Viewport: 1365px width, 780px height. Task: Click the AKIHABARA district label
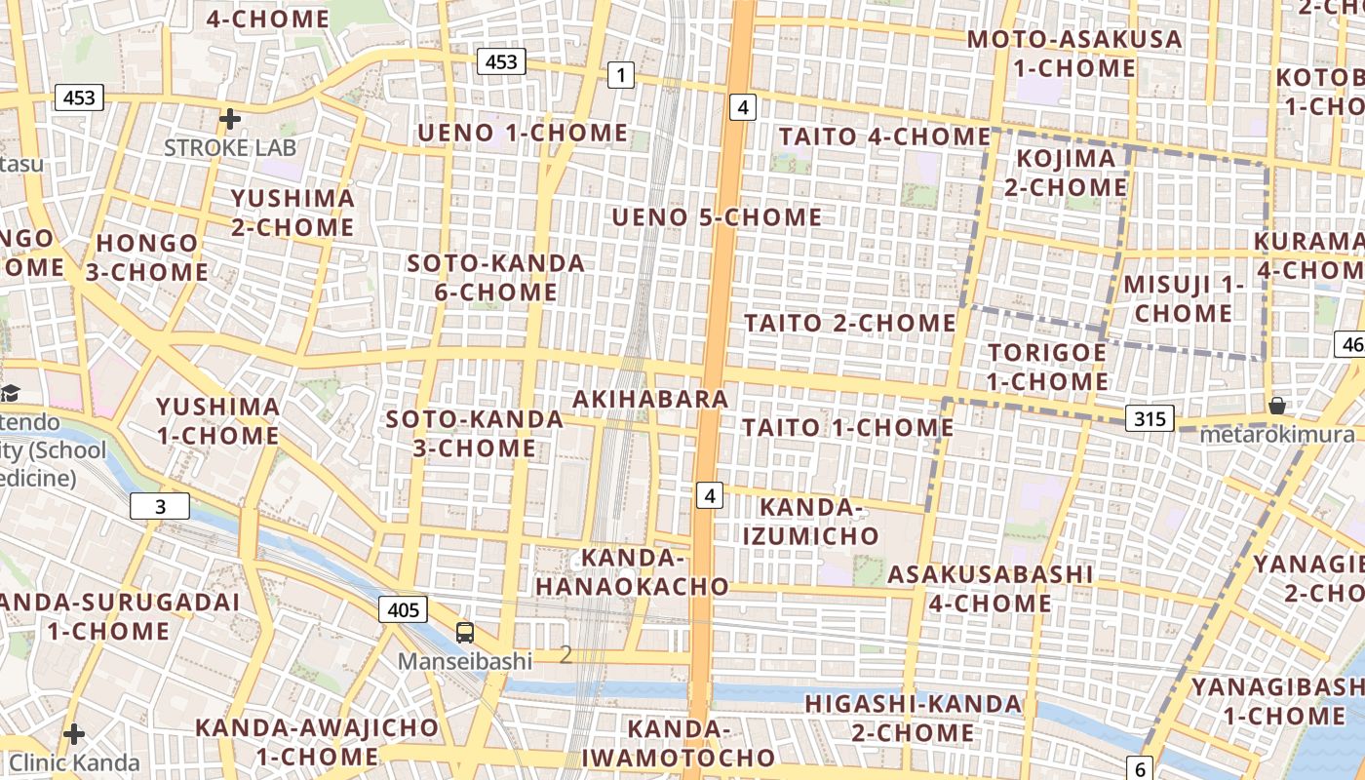coord(650,399)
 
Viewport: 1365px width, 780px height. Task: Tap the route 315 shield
coord(1150,419)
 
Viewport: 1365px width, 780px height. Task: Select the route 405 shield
coord(403,610)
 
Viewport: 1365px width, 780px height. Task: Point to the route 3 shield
coord(160,506)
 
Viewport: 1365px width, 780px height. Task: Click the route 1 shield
coord(620,74)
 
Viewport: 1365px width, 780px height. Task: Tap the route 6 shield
coord(1141,767)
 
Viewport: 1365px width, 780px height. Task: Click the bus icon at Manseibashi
coord(465,632)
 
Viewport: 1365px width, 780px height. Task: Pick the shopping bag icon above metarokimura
coord(1276,405)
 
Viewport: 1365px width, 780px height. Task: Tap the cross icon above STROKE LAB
coord(230,119)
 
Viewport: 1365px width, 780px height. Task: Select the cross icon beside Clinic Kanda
coord(74,733)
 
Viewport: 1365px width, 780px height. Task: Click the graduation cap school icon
coord(10,393)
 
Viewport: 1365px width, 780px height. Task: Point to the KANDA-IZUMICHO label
coord(810,522)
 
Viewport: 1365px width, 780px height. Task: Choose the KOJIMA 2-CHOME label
coord(1065,173)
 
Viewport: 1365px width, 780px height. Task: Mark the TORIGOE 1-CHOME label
coord(1047,367)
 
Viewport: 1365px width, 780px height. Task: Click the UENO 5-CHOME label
coord(717,217)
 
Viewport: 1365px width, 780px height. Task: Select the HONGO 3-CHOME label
coord(146,257)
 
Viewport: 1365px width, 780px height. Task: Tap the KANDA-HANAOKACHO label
coord(632,572)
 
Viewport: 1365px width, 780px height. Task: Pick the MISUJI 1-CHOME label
coord(1184,299)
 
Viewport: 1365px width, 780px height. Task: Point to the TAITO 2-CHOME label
coord(850,323)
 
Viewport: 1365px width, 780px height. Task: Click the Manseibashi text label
coord(464,661)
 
